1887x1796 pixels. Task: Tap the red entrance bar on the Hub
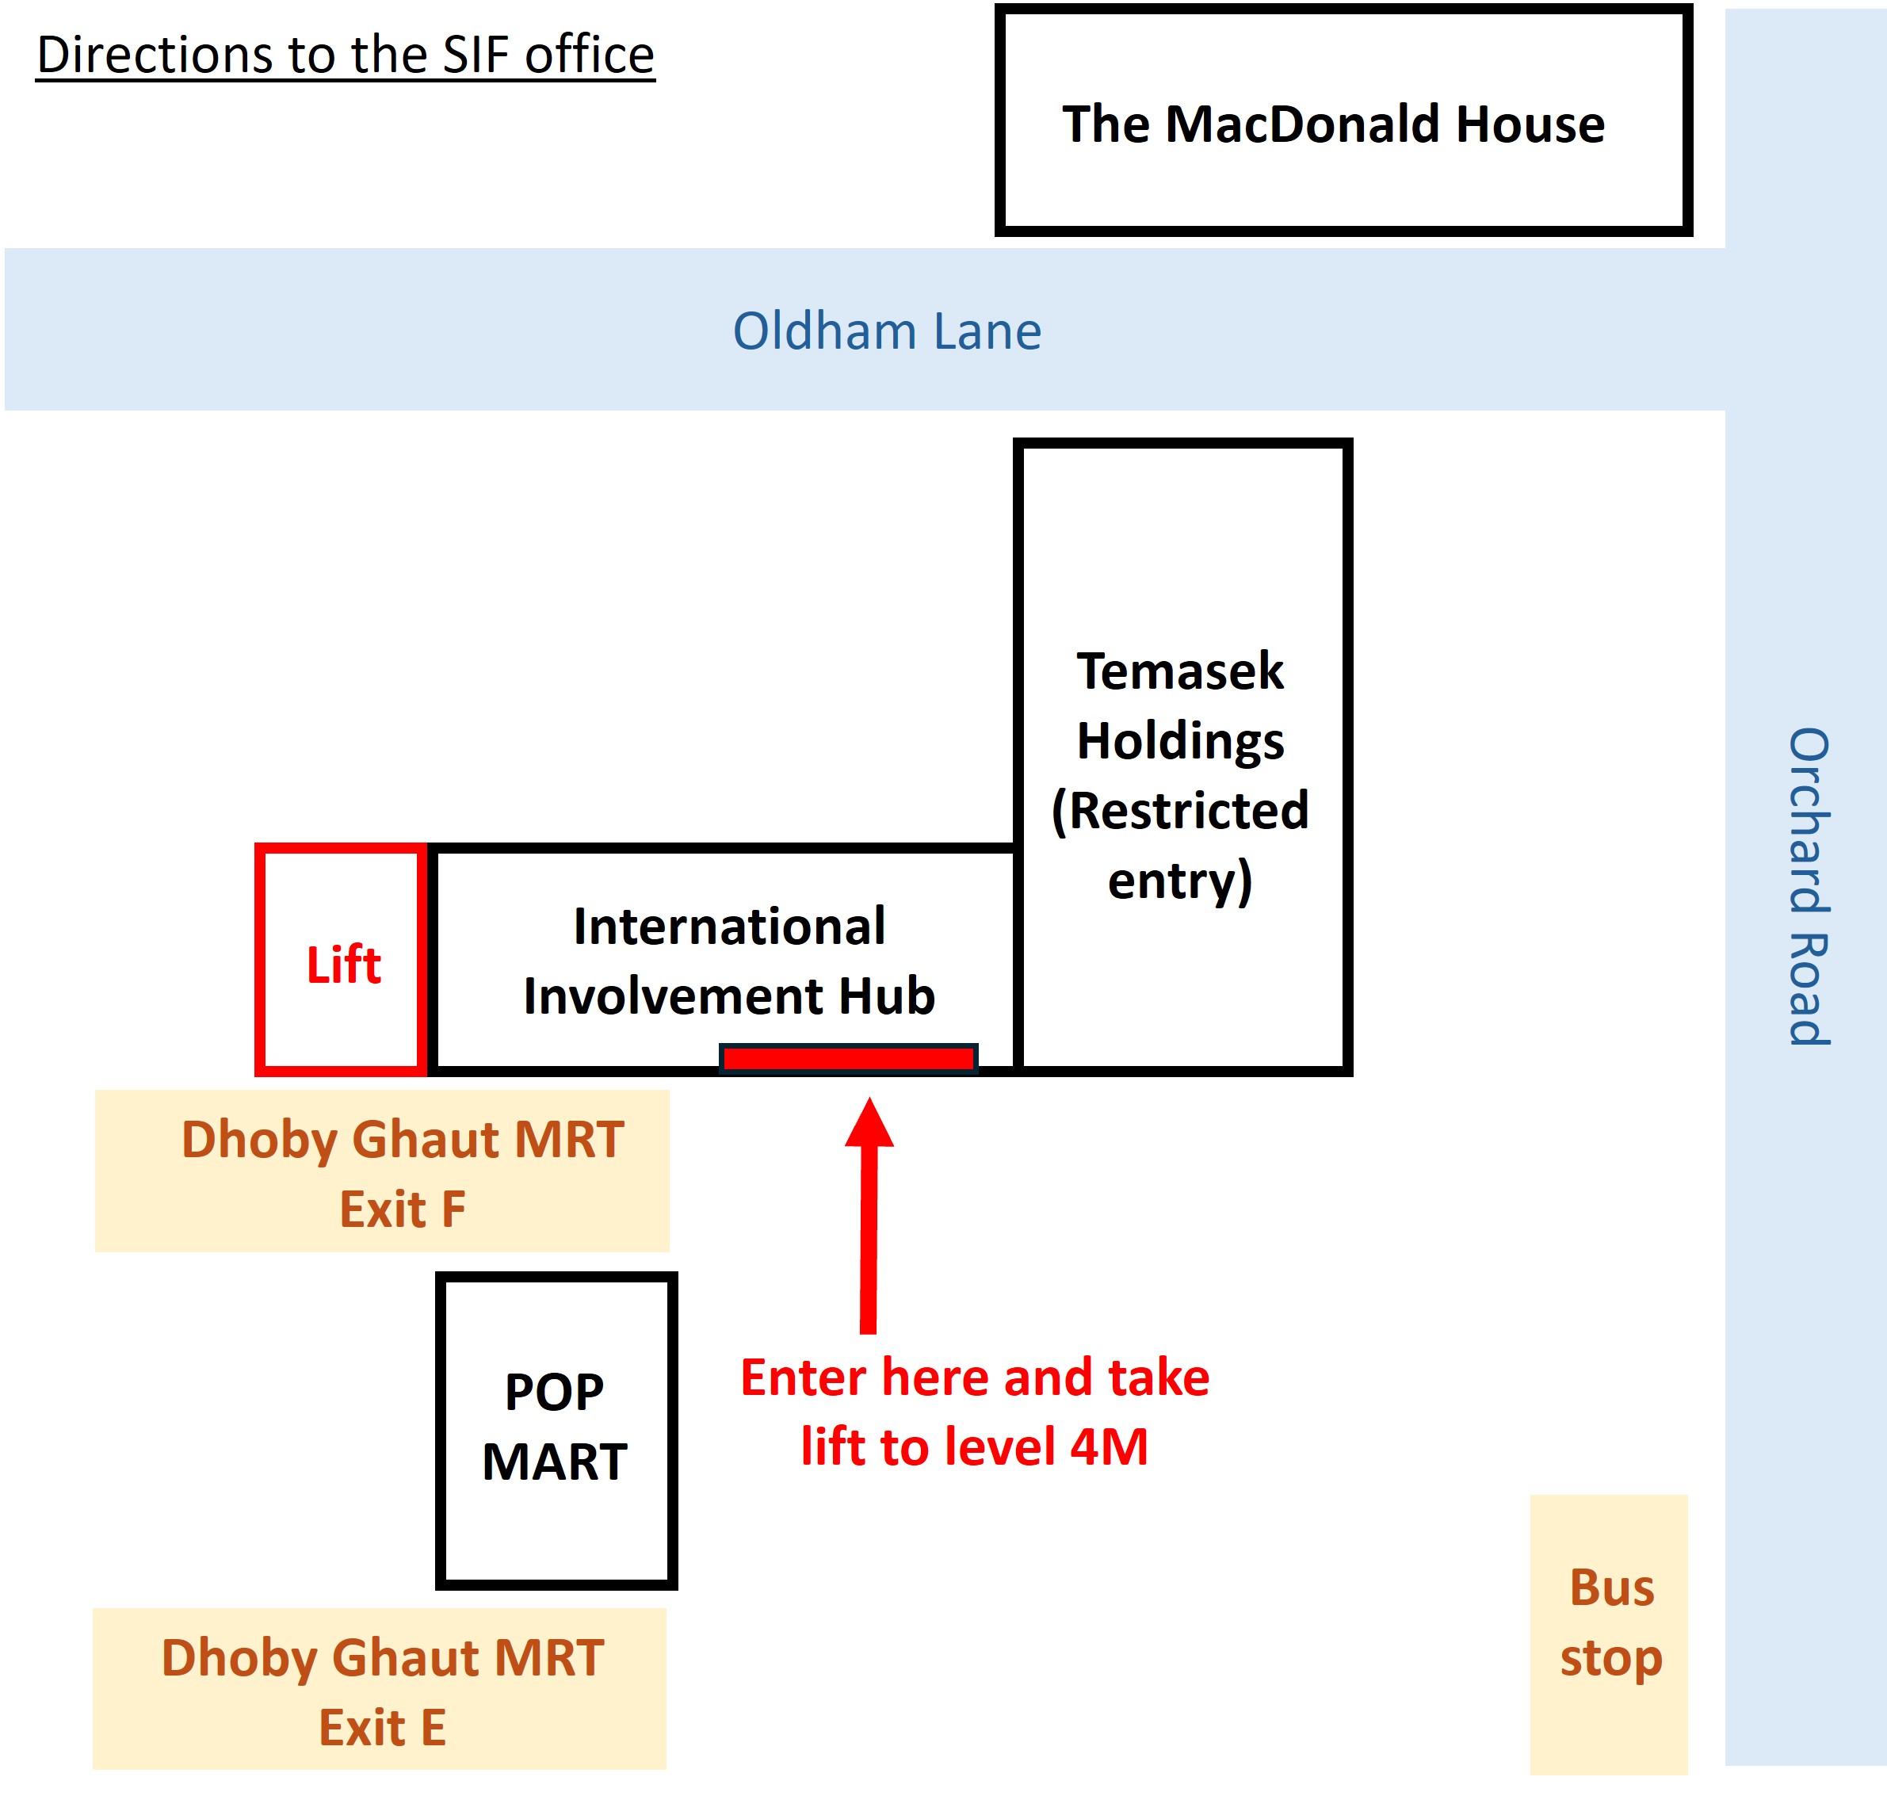point(848,1058)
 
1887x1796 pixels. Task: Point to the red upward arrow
point(869,1215)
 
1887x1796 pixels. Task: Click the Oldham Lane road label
point(887,331)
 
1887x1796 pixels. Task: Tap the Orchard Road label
point(1809,885)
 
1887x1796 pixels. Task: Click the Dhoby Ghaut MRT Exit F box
point(382,1171)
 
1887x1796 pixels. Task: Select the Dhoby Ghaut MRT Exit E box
point(379,1689)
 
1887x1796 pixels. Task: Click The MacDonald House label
point(1333,124)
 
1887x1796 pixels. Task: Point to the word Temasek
point(1179,671)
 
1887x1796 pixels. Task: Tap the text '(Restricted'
point(1179,811)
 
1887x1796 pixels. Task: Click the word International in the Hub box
point(730,926)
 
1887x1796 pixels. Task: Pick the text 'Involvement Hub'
point(730,995)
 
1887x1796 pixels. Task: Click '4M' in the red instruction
point(1109,1446)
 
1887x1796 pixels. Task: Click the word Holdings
point(1179,742)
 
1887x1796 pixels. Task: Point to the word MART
point(556,1462)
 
